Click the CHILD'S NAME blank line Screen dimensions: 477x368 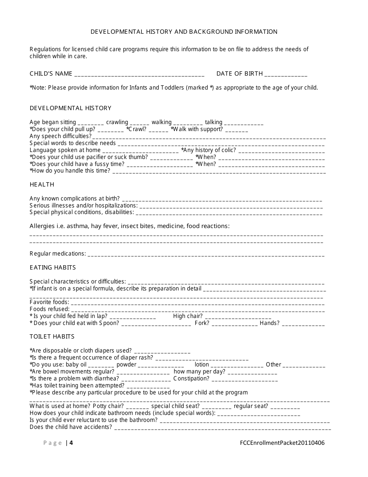coord(139,74)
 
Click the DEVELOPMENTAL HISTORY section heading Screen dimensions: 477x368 coord(71,108)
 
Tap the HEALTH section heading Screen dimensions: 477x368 coord(42,185)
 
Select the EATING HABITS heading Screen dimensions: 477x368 coord(53,268)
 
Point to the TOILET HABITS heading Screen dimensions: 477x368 coord(52,337)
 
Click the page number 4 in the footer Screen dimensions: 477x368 coord(71,443)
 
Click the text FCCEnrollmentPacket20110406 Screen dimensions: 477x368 coord(282,443)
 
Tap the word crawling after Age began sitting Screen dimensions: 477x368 coord(117,122)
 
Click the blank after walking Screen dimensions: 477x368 coord(188,123)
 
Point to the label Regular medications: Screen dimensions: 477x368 coord(58,254)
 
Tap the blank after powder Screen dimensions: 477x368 coord(161,365)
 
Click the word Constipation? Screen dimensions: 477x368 coord(191,378)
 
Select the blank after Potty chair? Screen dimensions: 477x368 coord(138,407)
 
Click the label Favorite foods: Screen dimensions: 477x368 coord(49,302)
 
